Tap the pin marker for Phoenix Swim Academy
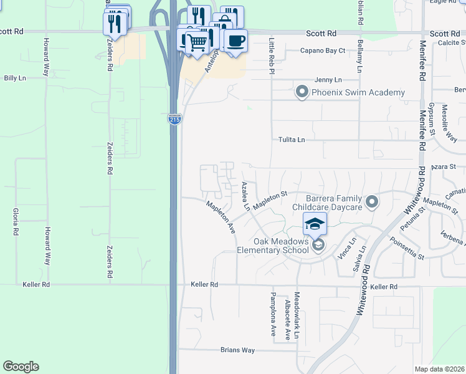pos(302,93)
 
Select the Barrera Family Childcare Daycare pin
pos(372,201)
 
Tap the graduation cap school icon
pos(315,223)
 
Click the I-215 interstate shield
pos(174,118)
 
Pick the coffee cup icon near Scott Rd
pos(235,41)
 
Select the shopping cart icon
pos(197,42)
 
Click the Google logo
pos(21,367)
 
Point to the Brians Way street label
pos(237,350)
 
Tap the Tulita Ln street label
pos(292,140)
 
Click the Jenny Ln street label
pos(328,80)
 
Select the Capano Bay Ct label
pos(323,50)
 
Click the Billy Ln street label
pos(15,78)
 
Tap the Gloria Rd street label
pos(14,222)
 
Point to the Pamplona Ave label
pos(273,314)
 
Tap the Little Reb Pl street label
pos(272,56)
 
